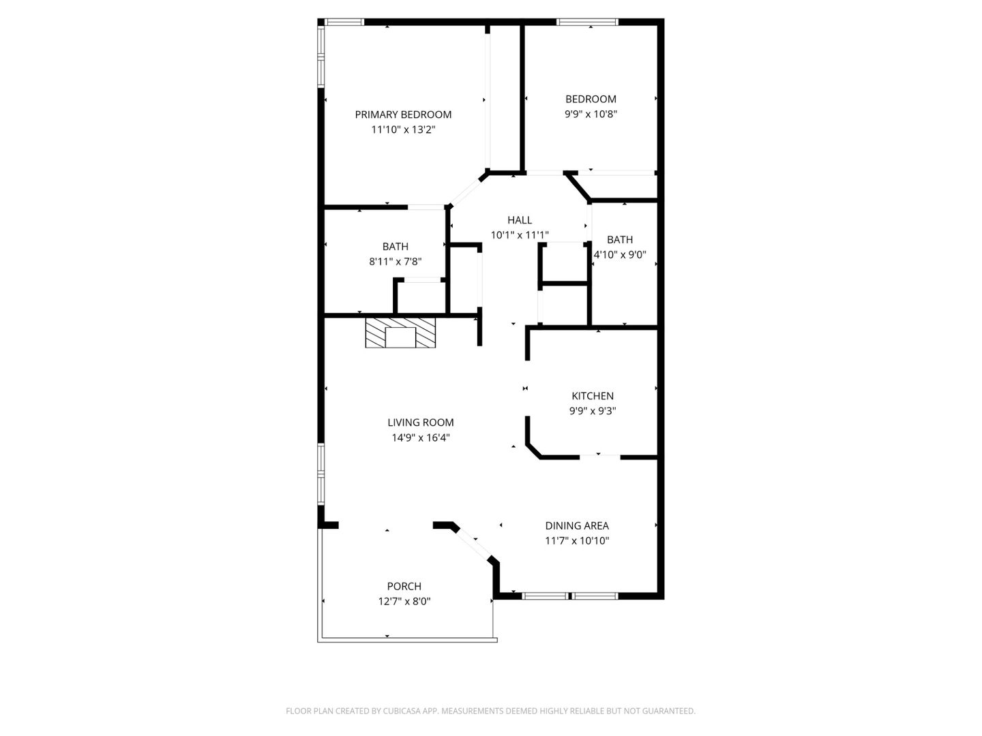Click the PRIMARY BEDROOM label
click(403, 114)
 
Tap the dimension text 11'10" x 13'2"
click(403, 129)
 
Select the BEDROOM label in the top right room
click(591, 99)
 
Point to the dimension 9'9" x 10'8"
click(591, 114)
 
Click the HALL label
click(520, 220)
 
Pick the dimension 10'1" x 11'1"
click(520, 235)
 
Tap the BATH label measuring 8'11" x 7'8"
click(396, 247)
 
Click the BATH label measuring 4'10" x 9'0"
click(620, 239)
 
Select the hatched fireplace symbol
click(400, 333)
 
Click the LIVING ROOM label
click(421, 423)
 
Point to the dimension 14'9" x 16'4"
click(421, 438)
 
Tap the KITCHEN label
click(593, 396)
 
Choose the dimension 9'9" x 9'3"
click(593, 411)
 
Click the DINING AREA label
click(577, 525)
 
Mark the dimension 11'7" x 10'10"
click(577, 541)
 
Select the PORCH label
click(404, 586)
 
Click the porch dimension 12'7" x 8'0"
click(404, 601)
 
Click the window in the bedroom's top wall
click(588, 22)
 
